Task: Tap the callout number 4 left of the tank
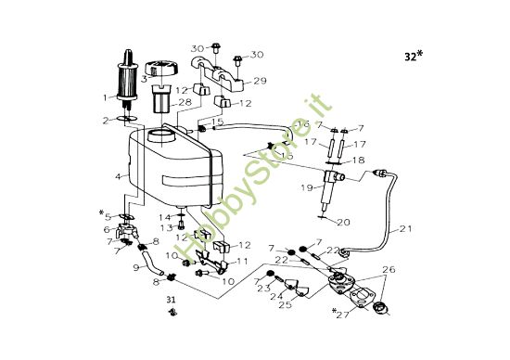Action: click(118, 175)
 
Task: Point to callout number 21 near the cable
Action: click(407, 228)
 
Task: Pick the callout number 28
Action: click(185, 102)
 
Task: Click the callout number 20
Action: click(344, 222)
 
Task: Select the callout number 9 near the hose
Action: click(136, 269)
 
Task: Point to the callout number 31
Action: click(170, 299)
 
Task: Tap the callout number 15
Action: click(218, 122)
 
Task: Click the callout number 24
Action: click(273, 297)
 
